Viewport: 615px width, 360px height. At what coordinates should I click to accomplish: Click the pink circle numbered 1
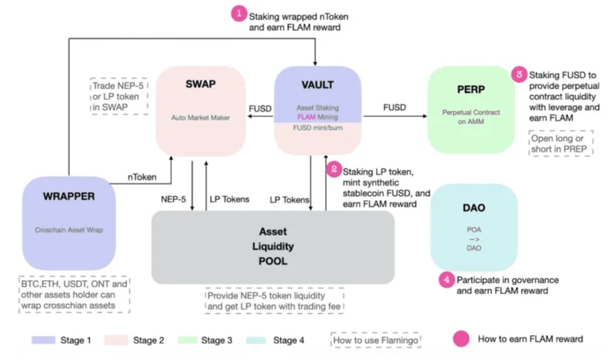[239, 14]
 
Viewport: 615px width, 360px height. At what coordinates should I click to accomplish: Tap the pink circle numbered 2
[333, 168]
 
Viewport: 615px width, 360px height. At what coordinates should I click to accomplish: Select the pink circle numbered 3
[520, 75]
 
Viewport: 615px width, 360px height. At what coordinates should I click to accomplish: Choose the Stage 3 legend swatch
[194, 338]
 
